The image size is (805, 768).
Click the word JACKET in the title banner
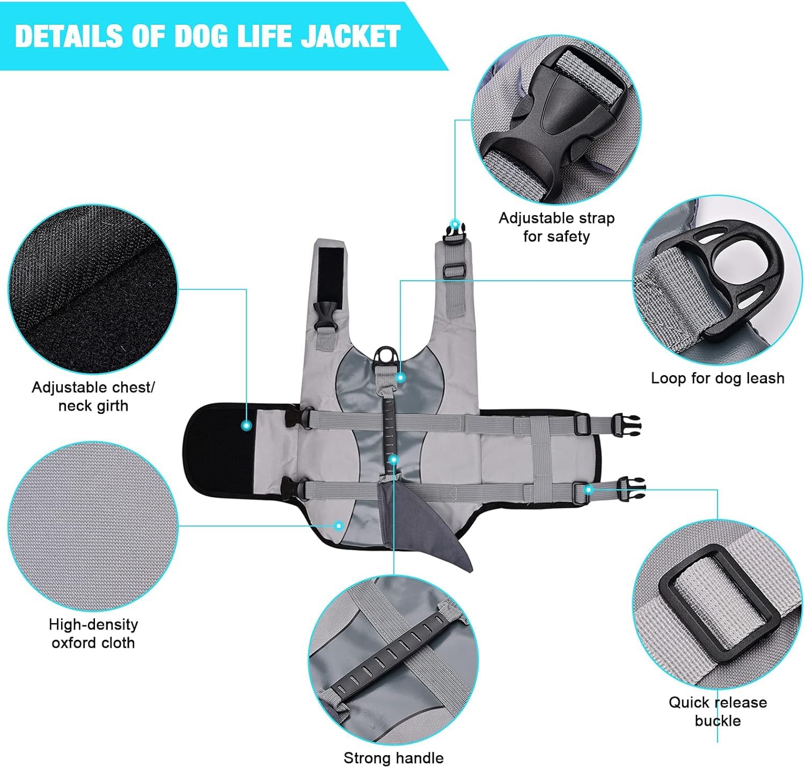coord(350,36)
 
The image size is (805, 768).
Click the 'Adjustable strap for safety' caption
coord(557,227)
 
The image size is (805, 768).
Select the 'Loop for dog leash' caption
coord(718,378)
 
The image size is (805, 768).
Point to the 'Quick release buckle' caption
coord(718,712)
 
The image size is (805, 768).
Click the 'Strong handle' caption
coord(393,758)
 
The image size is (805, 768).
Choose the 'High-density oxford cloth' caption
coord(93,634)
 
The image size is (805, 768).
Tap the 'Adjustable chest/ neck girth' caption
coord(93,397)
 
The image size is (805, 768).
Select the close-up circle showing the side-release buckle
coord(557,120)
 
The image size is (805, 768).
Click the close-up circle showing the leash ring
coord(718,280)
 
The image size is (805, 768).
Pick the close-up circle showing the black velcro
coord(93,289)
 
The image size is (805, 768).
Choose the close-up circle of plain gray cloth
coord(93,526)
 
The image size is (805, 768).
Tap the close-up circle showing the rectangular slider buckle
coord(718,604)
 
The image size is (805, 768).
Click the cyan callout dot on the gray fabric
coord(339,526)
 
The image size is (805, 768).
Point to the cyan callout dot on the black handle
coord(393,460)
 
